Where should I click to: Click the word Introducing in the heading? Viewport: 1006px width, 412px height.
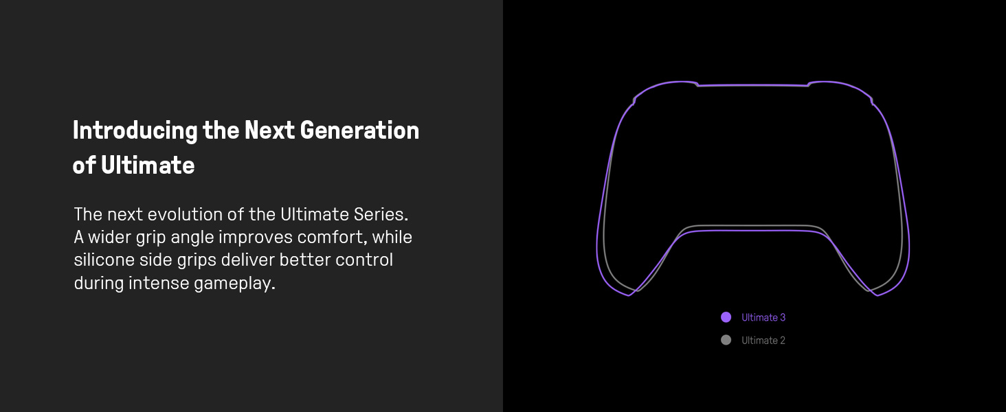point(135,131)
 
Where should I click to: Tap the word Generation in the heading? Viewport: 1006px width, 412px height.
point(360,130)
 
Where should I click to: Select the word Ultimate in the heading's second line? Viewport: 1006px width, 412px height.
point(148,165)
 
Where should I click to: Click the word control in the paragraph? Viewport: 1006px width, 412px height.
point(364,260)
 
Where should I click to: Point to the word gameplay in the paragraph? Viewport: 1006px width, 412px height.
point(234,284)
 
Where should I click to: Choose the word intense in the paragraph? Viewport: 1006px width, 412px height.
point(159,283)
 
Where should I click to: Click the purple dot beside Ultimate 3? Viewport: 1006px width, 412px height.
point(726,317)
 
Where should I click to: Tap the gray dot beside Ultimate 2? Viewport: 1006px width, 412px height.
point(726,340)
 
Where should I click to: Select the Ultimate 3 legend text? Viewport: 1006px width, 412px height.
point(763,317)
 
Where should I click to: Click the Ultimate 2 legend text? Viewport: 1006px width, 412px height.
point(763,340)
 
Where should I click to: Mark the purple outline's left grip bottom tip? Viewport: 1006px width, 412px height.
point(629,295)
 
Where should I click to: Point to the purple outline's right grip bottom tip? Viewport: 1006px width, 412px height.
point(878,295)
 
